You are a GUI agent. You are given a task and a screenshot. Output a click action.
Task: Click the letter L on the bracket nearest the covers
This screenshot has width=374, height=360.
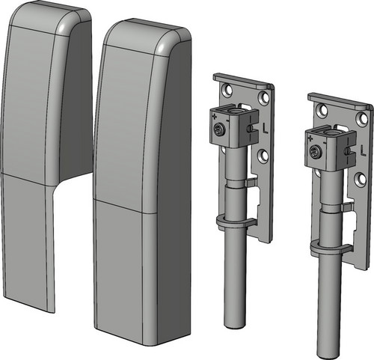[265, 129]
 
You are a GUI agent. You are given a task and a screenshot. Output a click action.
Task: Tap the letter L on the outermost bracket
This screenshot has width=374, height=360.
[363, 151]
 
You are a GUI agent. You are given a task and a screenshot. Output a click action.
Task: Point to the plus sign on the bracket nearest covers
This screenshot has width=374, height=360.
[214, 116]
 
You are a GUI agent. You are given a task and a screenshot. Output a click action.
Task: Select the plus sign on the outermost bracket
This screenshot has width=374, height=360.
[310, 138]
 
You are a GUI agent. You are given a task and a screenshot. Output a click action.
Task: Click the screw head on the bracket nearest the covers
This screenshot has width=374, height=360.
[219, 129]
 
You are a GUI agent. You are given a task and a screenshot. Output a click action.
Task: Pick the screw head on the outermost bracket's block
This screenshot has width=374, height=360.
[314, 151]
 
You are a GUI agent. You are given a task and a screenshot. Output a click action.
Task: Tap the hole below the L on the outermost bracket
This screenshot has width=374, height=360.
[360, 177]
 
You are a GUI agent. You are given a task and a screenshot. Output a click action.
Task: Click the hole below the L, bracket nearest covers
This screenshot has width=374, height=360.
[263, 155]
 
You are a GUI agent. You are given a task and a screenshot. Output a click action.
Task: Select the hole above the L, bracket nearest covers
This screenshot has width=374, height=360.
[263, 98]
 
